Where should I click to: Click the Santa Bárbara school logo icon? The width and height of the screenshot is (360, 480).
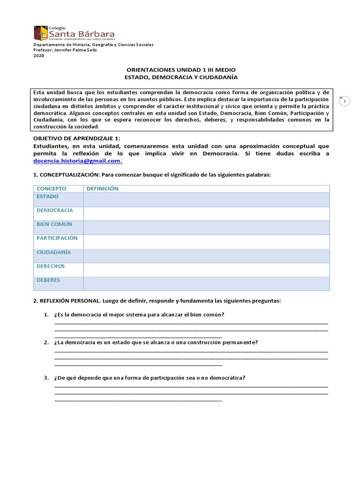tap(40, 33)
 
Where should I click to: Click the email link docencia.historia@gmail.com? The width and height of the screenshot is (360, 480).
tap(77, 161)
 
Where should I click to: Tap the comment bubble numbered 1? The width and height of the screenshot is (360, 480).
tap(345, 101)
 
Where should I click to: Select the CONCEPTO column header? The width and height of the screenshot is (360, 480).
tap(51, 188)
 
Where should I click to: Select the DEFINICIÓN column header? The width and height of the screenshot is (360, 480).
tap(102, 188)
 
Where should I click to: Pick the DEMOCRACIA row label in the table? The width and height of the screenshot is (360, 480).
tap(55, 210)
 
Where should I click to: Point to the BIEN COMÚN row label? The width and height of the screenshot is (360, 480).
tap(54, 224)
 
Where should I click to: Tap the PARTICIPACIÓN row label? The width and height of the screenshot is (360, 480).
tap(57, 238)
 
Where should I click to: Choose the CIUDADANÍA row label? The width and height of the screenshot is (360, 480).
tap(54, 252)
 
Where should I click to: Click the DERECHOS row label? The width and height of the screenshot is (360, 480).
tap(51, 266)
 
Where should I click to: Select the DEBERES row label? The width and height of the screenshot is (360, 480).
tap(48, 280)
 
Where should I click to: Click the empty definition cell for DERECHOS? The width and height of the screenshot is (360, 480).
tap(206, 270)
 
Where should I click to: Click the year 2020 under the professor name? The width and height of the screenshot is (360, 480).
tap(38, 56)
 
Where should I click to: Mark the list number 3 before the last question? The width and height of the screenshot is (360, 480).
tap(45, 378)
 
